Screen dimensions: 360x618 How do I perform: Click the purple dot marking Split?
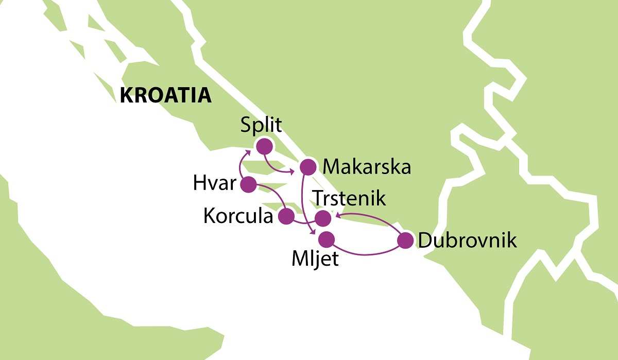[264, 146]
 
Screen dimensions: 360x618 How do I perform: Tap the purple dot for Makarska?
[307, 166]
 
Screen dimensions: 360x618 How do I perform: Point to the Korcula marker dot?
[286, 216]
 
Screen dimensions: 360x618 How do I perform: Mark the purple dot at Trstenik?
[323, 219]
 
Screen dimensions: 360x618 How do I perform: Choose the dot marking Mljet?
[327, 239]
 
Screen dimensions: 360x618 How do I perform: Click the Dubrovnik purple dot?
[406, 241]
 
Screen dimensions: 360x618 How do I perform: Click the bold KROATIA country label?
[165, 96]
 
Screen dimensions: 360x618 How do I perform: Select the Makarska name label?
[366, 167]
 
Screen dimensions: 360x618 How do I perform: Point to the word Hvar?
[214, 184]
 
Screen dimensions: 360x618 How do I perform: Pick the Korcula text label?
[238, 217]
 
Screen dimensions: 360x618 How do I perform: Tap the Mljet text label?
[315, 259]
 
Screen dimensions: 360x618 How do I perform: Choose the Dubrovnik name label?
[467, 241]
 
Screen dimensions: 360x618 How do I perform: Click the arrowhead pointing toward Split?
[248, 151]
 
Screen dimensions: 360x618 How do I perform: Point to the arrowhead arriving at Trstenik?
[337, 216]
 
